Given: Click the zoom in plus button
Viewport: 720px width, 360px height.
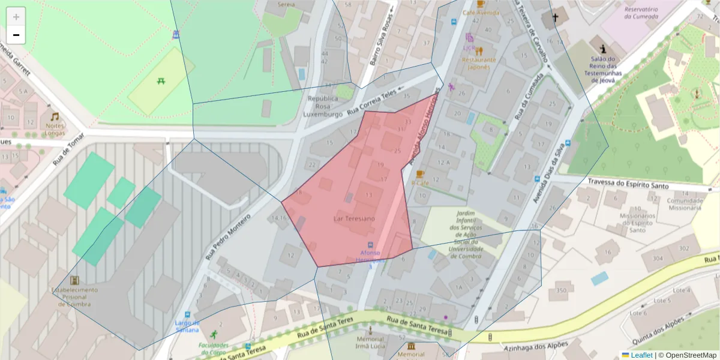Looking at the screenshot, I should point(16,17).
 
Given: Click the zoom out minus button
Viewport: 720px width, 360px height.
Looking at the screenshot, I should point(16,35).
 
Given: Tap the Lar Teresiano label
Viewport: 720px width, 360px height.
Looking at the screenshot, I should point(354,219).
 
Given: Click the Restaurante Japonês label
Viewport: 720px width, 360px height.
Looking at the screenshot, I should point(479,63).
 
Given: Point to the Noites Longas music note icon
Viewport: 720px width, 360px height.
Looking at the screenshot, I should point(55,116).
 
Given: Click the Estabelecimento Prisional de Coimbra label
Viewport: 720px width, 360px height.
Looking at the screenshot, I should point(74,296).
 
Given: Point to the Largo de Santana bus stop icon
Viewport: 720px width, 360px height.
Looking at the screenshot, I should point(187,314).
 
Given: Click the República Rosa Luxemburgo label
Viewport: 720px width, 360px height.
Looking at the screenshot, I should point(322,106).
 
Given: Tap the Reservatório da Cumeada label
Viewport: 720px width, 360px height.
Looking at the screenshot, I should point(641,13).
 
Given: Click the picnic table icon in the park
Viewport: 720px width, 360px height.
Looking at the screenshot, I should point(161,81).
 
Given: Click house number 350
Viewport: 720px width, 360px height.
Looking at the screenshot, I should point(561,290).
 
